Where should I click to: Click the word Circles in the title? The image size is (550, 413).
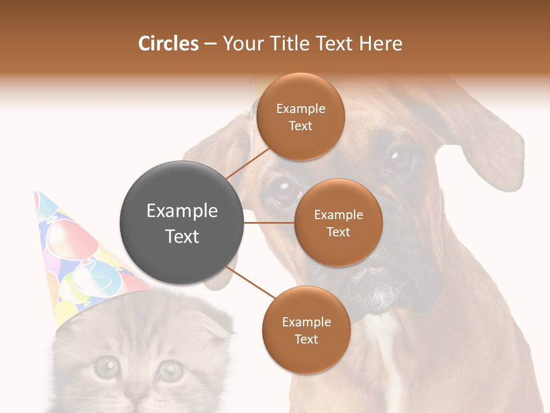[x=168, y=44]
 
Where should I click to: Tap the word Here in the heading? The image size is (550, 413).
[x=381, y=44]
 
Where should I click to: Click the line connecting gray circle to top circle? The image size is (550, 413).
[x=247, y=162]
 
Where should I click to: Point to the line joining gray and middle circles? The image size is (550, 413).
[x=269, y=223]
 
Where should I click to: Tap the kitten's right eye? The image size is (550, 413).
[x=170, y=370]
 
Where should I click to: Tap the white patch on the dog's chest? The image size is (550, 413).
[x=390, y=356]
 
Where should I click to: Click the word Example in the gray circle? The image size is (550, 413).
[x=182, y=211]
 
